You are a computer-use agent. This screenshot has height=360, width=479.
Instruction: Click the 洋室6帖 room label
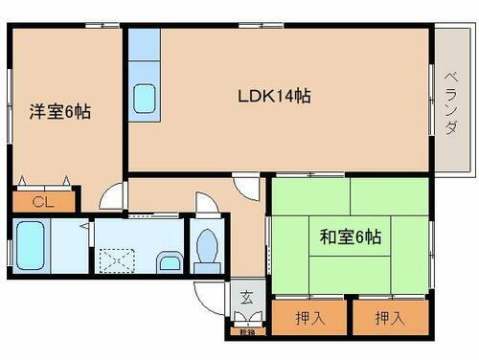point(59,111)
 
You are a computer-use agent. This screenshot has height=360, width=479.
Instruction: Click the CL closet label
point(40,202)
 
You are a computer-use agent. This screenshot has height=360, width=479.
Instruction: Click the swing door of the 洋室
point(114,197)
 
